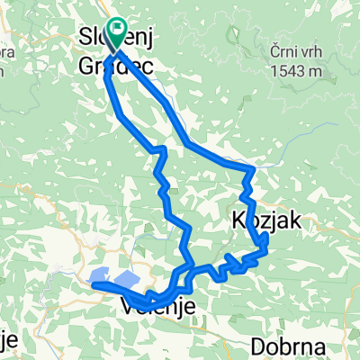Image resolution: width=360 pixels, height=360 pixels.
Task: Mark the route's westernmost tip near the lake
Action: coord(93,285)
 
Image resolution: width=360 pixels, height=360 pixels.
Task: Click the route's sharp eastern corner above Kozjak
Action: coord(254,169)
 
